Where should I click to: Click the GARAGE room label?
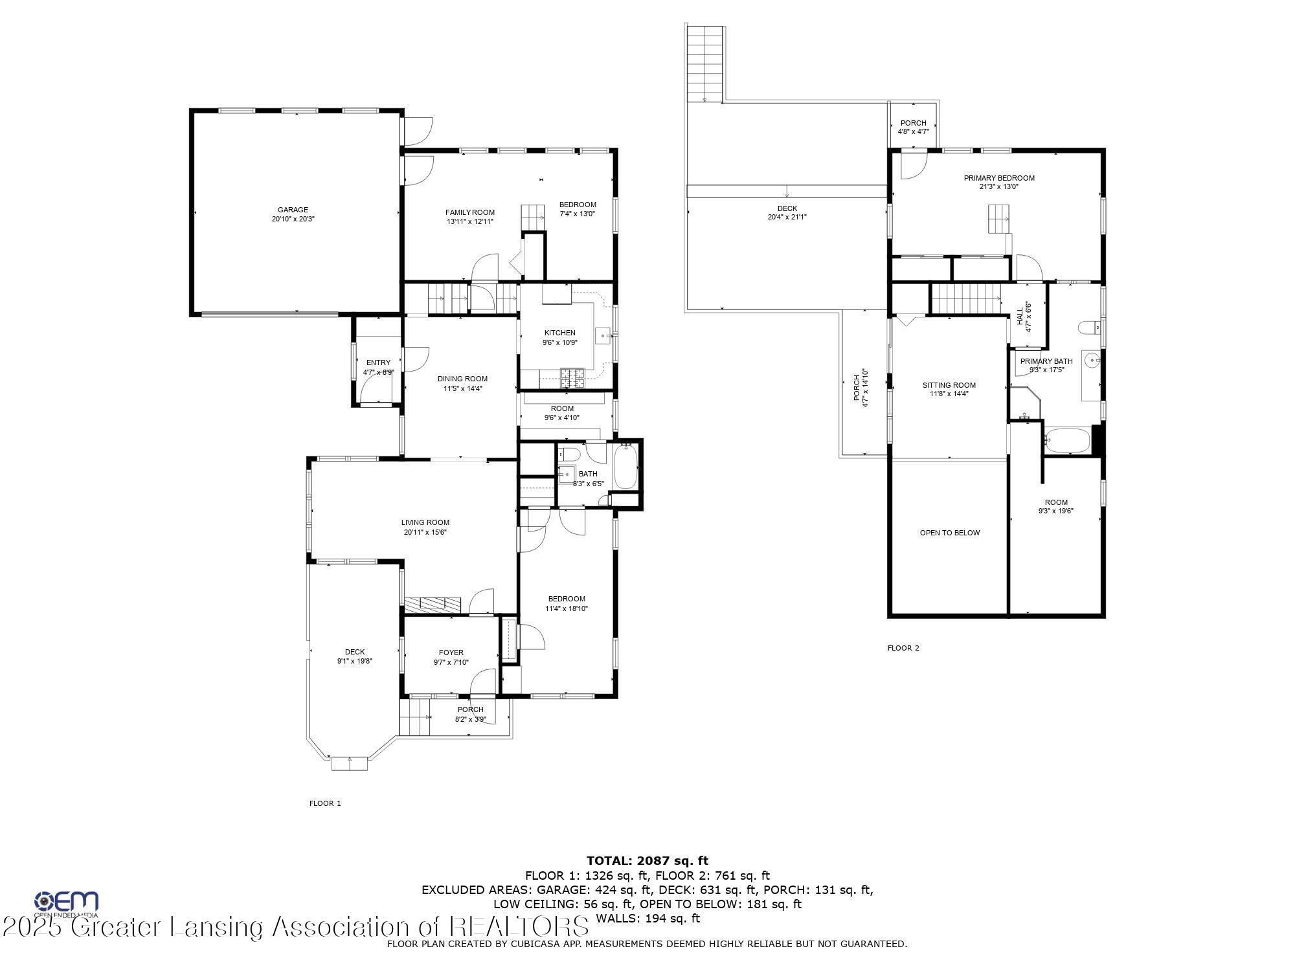(x=293, y=210)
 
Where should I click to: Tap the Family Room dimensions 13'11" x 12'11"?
(x=469, y=221)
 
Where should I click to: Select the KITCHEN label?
(x=559, y=333)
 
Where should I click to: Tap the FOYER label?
(x=451, y=653)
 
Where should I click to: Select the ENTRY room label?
(x=378, y=363)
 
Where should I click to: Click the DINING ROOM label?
(x=462, y=379)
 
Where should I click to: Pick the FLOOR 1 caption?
(x=325, y=803)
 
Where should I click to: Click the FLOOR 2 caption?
(x=903, y=648)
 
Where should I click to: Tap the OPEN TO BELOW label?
(x=949, y=533)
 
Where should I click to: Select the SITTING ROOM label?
(x=949, y=385)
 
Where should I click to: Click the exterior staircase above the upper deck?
(x=704, y=63)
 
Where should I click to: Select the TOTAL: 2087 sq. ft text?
(x=647, y=860)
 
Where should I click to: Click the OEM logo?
(x=66, y=902)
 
